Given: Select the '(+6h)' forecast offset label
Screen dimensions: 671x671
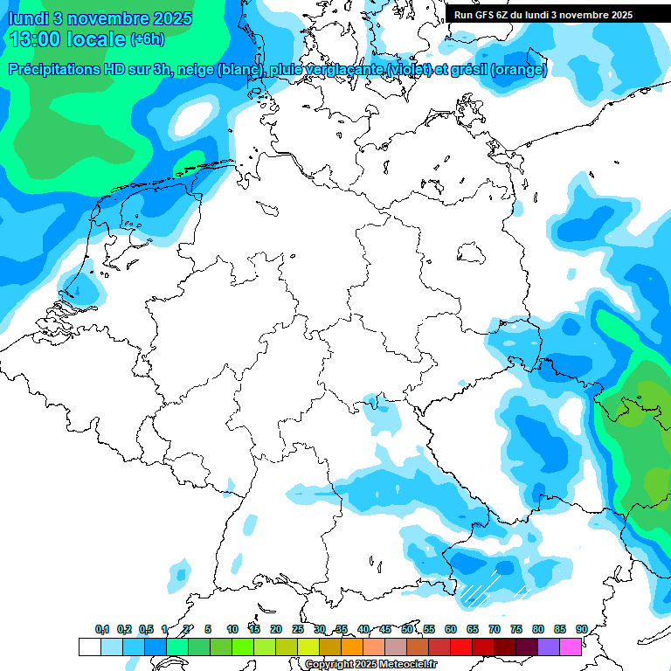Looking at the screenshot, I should [146, 39].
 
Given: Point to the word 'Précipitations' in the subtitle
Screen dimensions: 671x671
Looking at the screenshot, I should [61, 70].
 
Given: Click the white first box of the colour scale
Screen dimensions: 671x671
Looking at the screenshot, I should [89, 647].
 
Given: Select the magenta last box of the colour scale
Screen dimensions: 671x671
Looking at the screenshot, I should [570, 647].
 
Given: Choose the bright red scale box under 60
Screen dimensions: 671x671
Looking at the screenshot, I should [460, 647].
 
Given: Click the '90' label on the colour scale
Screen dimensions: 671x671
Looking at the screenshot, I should [581, 629].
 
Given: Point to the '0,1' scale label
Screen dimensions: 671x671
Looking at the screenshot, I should [102, 629].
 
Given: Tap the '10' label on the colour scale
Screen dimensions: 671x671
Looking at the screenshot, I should [232, 629].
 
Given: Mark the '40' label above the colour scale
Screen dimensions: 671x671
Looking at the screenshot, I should [363, 629].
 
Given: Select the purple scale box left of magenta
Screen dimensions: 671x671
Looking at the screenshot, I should [548, 647].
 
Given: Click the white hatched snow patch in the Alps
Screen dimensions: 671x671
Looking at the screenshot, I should [478, 592].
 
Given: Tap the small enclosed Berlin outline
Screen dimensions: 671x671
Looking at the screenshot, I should [473, 252].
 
